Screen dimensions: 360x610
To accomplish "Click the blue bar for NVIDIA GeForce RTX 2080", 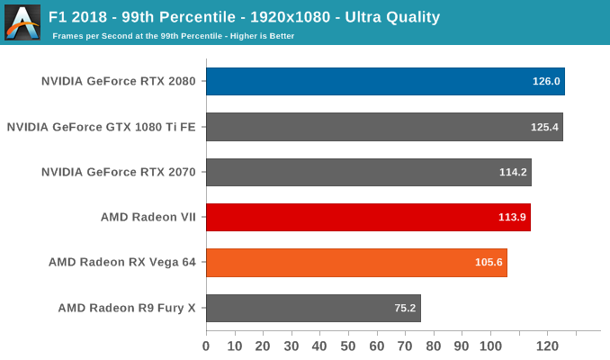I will tap(385, 81).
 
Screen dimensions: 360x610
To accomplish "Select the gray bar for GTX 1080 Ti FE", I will tap(384, 127).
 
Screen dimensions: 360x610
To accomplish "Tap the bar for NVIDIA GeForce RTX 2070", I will tap(368, 172).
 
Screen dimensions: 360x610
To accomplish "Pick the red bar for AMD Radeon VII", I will tap(368, 217).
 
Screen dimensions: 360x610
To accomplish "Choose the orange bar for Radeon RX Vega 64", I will tap(356, 263).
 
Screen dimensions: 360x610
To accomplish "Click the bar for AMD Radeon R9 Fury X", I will tap(313, 308).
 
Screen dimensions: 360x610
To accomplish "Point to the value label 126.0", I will tap(546, 82).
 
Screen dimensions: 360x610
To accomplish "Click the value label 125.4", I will tap(544, 127).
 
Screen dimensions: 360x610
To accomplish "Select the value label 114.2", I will tap(513, 172).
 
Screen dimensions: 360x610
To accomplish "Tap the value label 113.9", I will tap(512, 218).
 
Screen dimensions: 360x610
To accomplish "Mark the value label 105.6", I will tap(489, 263).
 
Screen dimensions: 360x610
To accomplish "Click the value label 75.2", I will tap(405, 308).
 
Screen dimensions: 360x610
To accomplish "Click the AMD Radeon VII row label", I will tap(148, 217).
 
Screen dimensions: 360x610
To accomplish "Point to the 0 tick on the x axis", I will tap(206, 346).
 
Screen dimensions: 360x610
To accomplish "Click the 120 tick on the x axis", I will tap(547, 346).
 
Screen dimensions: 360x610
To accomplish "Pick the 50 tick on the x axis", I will tap(348, 346).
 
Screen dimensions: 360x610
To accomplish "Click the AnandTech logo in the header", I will tap(22, 22).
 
